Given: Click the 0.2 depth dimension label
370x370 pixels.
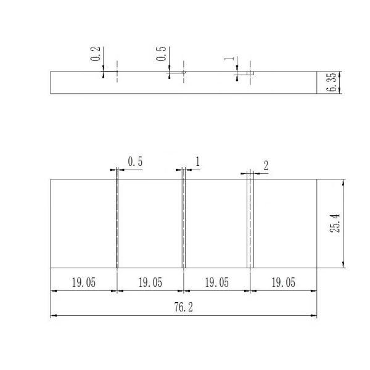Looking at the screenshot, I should (95, 54).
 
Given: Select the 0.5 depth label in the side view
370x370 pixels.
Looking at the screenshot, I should (162, 54).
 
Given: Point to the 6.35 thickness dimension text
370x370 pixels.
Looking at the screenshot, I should (334, 82).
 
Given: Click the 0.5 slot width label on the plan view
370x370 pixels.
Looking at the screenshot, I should (135, 162).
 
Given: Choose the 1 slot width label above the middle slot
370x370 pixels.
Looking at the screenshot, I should (197, 162).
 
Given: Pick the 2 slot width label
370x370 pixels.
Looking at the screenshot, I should (266, 165).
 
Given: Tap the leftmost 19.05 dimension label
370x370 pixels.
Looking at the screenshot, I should (83, 282).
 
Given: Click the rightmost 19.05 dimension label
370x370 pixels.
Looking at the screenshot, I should (283, 282).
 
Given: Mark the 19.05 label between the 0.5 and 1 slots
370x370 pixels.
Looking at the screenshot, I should (150, 282).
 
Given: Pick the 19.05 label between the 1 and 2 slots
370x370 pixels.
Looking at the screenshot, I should (216, 282).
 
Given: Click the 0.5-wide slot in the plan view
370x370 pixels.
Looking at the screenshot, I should (117, 223).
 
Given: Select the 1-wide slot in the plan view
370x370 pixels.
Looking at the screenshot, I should (183, 223).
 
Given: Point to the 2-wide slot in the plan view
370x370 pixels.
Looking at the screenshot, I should (250, 223).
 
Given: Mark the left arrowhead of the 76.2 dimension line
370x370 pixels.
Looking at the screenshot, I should (53, 316).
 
